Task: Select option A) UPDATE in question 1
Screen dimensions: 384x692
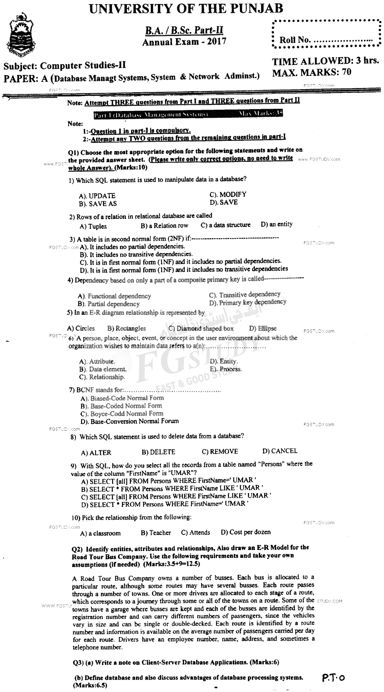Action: click(x=97, y=196)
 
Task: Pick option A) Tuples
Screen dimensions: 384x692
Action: click(x=93, y=227)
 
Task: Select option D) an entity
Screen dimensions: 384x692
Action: click(x=276, y=224)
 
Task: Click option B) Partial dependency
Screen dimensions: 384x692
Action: click(x=109, y=304)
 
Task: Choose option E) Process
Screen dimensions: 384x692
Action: click(x=226, y=369)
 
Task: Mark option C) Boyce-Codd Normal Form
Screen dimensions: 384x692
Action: click(x=122, y=414)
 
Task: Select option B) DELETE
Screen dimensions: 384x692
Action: click(x=158, y=452)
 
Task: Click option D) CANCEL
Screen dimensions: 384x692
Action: click(x=280, y=451)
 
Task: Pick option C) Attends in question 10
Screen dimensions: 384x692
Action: click(x=196, y=532)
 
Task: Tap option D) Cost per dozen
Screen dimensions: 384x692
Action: click(x=246, y=532)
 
